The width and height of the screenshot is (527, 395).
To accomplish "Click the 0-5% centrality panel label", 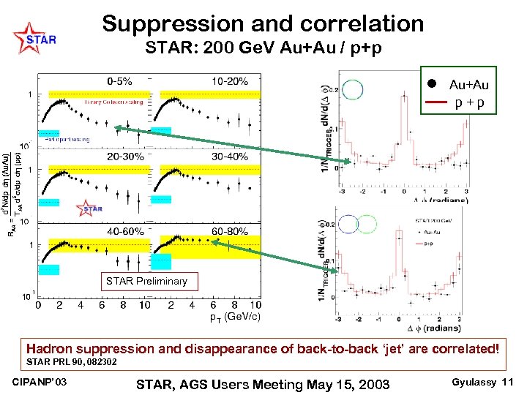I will point(119,81).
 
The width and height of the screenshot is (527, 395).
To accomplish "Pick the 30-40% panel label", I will point(230,157).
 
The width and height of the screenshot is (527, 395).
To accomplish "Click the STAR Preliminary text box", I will point(146,281).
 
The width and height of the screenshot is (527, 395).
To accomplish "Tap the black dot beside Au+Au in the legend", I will point(433,84).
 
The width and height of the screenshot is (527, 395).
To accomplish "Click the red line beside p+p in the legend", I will point(433,102).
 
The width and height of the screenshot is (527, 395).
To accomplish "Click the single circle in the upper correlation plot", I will point(353,89).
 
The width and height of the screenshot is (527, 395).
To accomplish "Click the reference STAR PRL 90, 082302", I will point(71,361).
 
